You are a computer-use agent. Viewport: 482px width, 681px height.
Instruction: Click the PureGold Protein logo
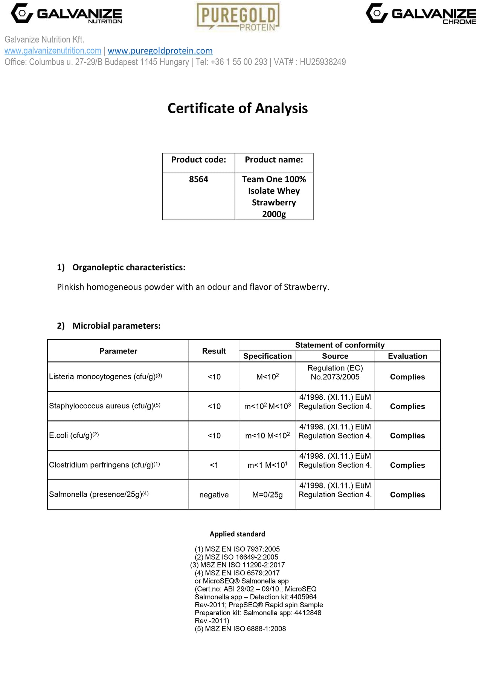pyautogui.click(x=238, y=17)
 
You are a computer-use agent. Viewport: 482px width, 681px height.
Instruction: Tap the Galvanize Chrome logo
pyautogui.click(x=421, y=14)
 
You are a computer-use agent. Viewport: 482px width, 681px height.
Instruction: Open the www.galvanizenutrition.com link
pyautogui.click(x=53, y=51)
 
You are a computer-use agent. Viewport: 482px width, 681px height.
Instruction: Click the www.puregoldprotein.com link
pyautogui.click(x=160, y=51)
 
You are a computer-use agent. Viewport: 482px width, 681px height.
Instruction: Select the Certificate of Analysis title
pyautogui.click(x=238, y=108)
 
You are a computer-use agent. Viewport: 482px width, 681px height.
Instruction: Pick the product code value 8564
pyautogui.click(x=198, y=179)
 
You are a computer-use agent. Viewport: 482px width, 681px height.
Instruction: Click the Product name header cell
pyautogui.click(x=274, y=160)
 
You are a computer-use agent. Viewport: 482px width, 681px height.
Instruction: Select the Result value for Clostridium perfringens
pyautogui.click(x=214, y=465)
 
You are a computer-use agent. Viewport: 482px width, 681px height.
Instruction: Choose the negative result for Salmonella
pyautogui.click(x=214, y=495)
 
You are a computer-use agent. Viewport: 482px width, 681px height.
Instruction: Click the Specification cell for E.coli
pyautogui.click(x=267, y=435)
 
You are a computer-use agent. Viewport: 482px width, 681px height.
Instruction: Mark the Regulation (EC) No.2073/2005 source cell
pyautogui.click(x=335, y=372)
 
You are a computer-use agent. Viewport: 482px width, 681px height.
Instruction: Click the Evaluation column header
pyautogui.click(x=407, y=356)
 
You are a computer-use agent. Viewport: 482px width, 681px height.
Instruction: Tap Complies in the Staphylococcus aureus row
pyautogui.click(x=407, y=406)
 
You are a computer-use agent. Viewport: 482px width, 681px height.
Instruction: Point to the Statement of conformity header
pyautogui.click(x=340, y=345)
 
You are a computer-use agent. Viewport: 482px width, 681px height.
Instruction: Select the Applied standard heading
pyautogui.click(x=237, y=534)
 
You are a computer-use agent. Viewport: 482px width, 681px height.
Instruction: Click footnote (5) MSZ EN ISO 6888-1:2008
pyautogui.click(x=240, y=629)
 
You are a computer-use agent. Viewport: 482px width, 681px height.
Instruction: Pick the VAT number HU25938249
pyautogui.click(x=323, y=62)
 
